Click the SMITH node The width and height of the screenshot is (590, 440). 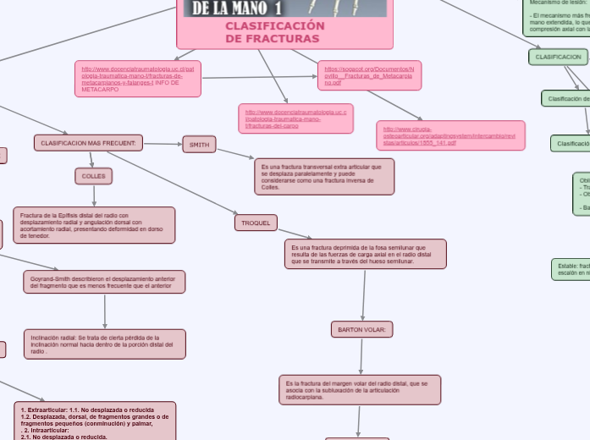(x=199, y=145)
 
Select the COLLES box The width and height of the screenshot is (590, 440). (x=93, y=176)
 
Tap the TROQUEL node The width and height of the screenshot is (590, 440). (x=256, y=223)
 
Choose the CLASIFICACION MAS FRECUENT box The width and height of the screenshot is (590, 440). (x=88, y=143)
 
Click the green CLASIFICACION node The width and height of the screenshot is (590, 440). (x=557, y=57)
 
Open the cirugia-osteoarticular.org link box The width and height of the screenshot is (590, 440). (x=450, y=135)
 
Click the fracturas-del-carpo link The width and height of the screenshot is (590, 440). (x=295, y=118)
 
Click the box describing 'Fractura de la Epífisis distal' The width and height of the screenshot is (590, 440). (x=94, y=225)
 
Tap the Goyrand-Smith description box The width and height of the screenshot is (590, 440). (x=104, y=282)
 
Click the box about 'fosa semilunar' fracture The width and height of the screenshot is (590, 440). (x=367, y=254)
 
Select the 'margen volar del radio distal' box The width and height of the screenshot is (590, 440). (x=359, y=390)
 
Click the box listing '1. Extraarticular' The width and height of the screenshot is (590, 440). (x=95, y=421)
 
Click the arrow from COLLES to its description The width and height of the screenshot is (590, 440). (x=93, y=195)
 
